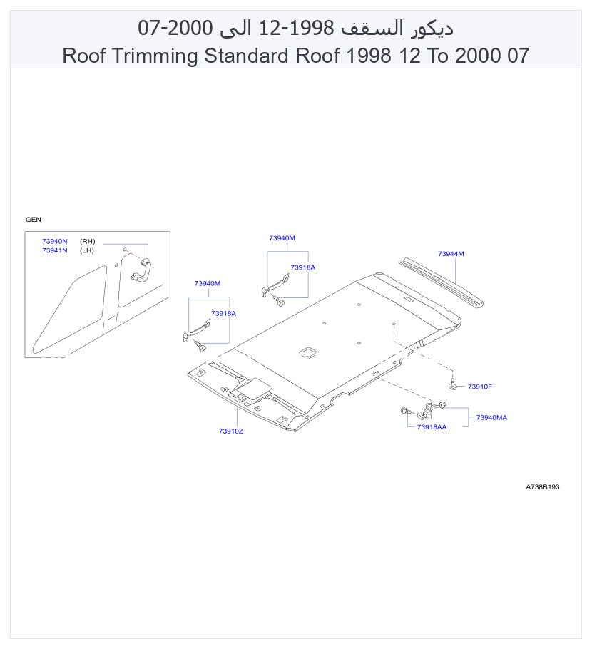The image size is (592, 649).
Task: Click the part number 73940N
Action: pyautogui.click(x=55, y=241)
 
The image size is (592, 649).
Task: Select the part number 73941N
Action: pyautogui.click(x=55, y=250)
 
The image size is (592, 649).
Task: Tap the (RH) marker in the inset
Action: pyautogui.click(x=87, y=241)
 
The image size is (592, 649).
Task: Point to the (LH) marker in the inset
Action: pyautogui.click(x=87, y=250)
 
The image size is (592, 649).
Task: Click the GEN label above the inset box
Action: pyautogui.click(x=33, y=220)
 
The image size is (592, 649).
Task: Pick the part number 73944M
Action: pyautogui.click(x=451, y=254)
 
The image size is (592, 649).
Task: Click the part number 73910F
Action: pyautogui.click(x=480, y=387)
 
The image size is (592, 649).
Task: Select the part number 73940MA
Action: pyautogui.click(x=491, y=418)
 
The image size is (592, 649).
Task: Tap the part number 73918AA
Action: pyautogui.click(x=432, y=427)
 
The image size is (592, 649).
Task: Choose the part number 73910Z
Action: pyautogui.click(x=231, y=431)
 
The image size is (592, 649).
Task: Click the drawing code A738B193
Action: pyautogui.click(x=542, y=487)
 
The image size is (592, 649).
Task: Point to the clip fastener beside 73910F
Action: pyautogui.click(x=453, y=384)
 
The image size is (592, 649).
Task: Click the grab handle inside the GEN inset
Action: pyautogui.click(x=142, y=271)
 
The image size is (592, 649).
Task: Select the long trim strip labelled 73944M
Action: pyautogui.click(x=442, y=282)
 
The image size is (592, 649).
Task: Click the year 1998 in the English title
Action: pyautogui.click(x=368, y=56)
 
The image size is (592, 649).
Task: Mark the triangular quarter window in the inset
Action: pyautogui.click(x=70, y=310)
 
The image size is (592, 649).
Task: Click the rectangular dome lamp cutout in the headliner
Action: pyautogui.click(x=307, y=352)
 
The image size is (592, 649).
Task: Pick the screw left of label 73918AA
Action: pyautogui.click(x=407, y=411)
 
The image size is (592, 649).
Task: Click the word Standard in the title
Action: pyautogui.click(x=246, y=56)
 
